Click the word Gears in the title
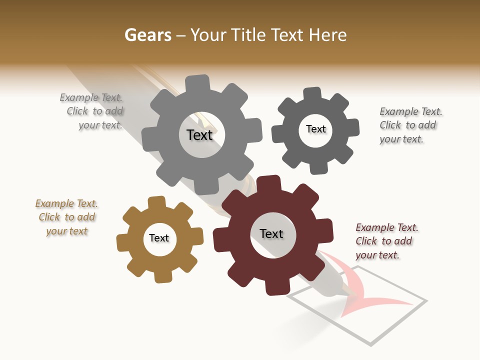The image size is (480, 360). point(147,35)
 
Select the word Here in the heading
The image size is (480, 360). point(327,35)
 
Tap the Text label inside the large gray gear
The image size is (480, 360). point(199,135)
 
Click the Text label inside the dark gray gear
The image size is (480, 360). point(316,129)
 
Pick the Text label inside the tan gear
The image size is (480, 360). point(159,238)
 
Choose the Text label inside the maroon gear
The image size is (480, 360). point(271,234)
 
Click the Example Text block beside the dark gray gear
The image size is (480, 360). point(410,125)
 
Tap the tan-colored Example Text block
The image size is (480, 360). point(66,217)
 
